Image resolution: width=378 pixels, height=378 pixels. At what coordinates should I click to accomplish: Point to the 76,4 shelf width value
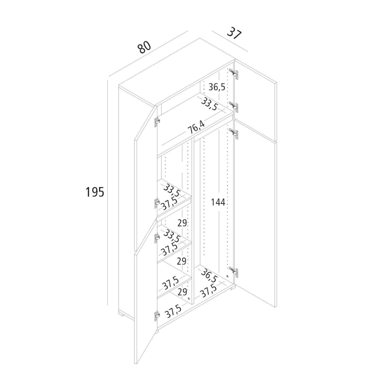click(196, 128)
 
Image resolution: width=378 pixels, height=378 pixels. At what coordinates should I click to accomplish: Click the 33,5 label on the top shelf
click(209, 104)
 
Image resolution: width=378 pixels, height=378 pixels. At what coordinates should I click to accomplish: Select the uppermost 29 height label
click(182, 223)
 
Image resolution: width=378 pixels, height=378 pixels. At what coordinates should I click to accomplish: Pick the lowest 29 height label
click(182, 298)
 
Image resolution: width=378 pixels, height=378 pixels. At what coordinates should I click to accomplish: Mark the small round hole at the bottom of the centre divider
click(189, 304)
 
